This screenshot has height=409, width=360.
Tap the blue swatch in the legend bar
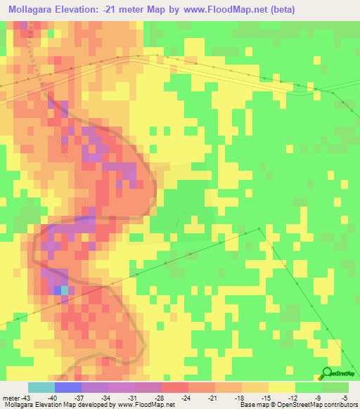point(68,387)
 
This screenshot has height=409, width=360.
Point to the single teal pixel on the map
point(65,290)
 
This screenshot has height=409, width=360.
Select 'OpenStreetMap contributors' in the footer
point(317,404)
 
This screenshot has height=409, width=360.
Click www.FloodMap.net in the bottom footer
point(146,404)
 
